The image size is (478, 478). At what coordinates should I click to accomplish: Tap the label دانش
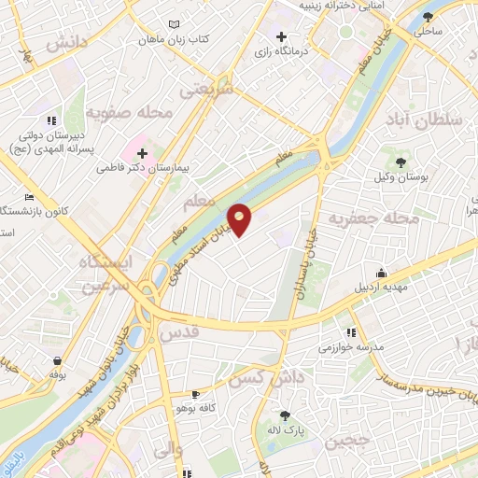[x=64, y=44]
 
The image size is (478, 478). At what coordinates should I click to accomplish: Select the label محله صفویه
[x=132, y=113]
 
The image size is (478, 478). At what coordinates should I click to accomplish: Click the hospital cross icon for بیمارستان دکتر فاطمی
[x=142, y=152]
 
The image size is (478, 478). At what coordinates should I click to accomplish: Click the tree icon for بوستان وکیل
[x=401, y=163]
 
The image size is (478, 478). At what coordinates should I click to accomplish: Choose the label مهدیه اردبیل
[x=380, y=287]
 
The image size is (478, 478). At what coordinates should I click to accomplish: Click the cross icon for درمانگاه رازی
[x=281, y=35]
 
